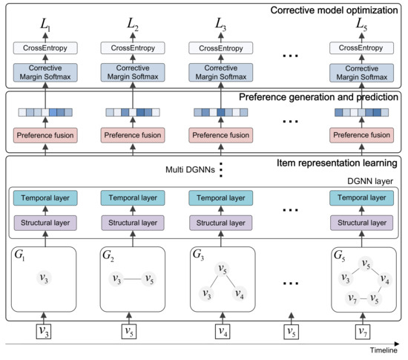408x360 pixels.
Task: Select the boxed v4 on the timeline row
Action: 221,331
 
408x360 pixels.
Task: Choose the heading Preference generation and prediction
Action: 320,99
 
